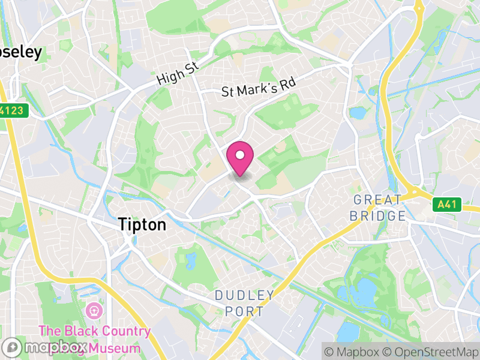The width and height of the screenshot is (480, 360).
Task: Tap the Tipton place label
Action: pyautogui.click(x=142, y=224)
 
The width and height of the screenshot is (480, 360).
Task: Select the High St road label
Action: pyautogui.click(x=177, y=74)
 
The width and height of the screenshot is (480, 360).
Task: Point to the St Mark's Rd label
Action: pyautogui.click(x=259, y=88)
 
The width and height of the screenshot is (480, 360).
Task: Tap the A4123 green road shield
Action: pyautogui.click(x=11, y=111)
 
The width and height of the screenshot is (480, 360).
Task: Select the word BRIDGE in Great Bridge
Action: pyautogui.click(x=378, y=215)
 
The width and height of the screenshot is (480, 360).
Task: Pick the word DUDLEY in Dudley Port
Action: pyautogui.click(x=245, y=295)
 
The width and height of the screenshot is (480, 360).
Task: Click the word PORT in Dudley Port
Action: pyautogui.click(x=245, y=311)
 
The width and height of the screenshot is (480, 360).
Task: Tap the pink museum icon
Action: pyautogui.click(x=94, y=311)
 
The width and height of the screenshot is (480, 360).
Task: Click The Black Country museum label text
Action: pyautogui.click(x=95, y=331)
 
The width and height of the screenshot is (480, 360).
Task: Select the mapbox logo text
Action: pyautogui.click(x=54, y=347)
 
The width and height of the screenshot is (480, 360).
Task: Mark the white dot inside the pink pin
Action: pyautogui.click(x=240, y=155)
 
